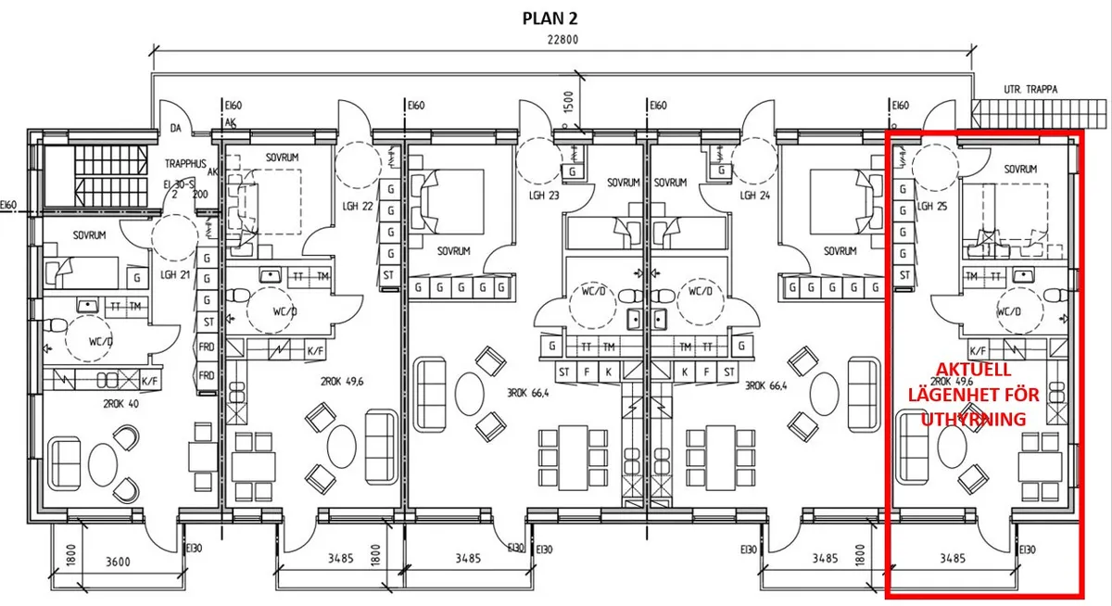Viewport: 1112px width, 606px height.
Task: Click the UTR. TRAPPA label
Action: coord(1030,90)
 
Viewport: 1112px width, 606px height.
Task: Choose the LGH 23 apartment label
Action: coord(544,196)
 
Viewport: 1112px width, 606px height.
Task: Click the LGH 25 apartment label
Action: coord(932,206)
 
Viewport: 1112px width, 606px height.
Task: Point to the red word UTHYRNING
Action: coord(973,420)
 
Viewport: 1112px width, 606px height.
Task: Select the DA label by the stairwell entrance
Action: coord(175,129)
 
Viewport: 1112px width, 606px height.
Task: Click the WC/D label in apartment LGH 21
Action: coord(101,341)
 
